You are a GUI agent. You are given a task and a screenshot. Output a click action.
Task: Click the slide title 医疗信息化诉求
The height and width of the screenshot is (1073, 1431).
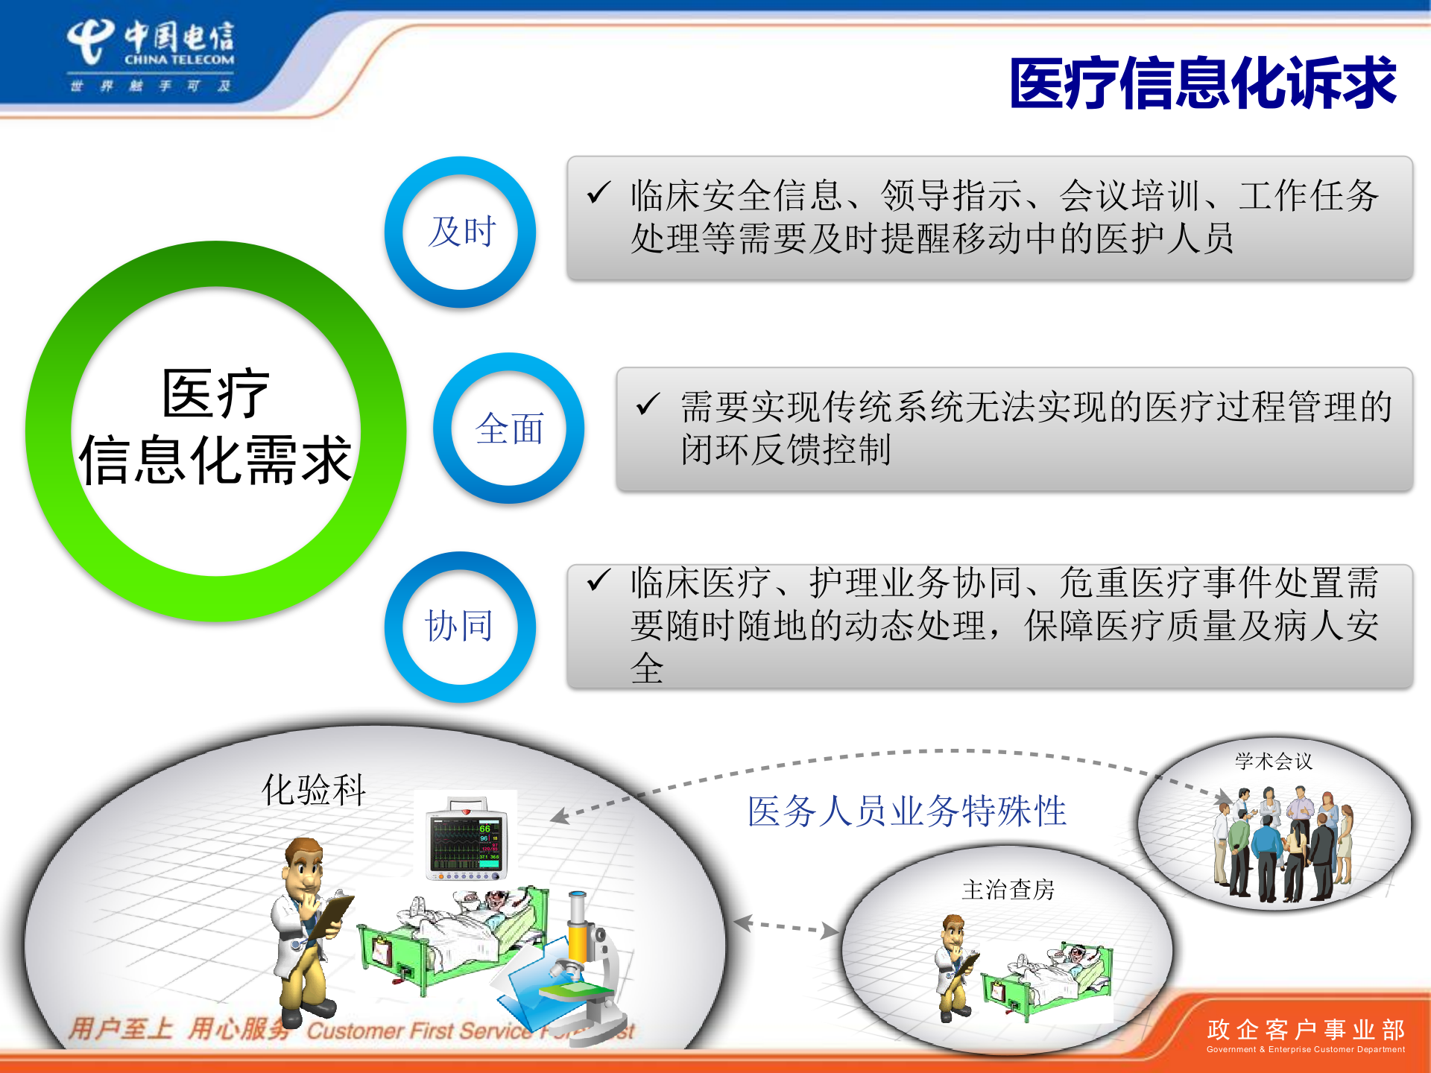(x=1201, y=83)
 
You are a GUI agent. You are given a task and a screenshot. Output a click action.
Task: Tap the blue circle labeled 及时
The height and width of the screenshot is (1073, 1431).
(x=461, y=232)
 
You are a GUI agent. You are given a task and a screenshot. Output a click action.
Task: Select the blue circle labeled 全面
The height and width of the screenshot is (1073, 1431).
(x=509, y=428)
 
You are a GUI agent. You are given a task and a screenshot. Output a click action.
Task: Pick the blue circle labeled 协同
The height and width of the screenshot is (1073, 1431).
(x=460, y=626)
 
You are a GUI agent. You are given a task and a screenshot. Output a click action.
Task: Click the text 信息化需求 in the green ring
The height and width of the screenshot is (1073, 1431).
(x=215, y=460)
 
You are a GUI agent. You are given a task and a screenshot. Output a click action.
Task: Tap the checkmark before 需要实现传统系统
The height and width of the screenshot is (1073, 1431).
(x=647, y=404)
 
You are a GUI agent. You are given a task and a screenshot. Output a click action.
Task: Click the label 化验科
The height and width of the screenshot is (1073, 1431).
(x=314, y=790)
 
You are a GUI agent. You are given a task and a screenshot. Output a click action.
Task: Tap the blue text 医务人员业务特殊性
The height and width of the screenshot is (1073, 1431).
(x=906, y=811)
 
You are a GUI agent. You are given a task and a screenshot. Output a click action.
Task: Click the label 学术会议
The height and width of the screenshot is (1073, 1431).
(x=1273, y=762)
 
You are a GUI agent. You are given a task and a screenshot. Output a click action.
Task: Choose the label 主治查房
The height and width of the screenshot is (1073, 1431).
(x=1008, y=890)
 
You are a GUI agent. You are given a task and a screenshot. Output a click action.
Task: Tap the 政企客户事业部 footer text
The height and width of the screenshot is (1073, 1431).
(x=1306, y=1030)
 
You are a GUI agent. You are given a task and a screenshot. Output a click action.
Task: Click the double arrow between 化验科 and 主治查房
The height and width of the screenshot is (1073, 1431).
(x=786, y=926)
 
